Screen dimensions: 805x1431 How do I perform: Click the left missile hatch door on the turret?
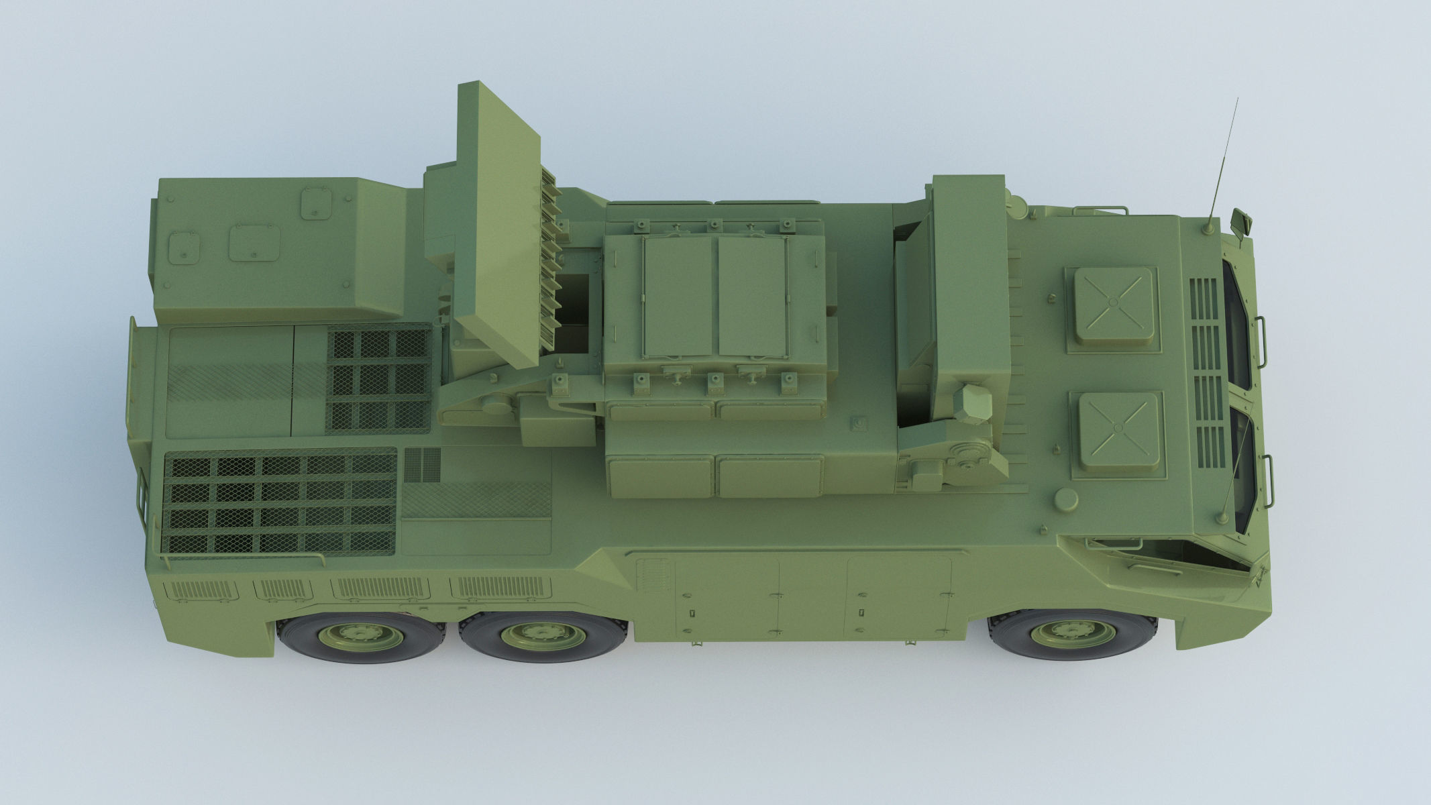coord(679,296)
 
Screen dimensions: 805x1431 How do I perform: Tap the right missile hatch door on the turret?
coord(753,296)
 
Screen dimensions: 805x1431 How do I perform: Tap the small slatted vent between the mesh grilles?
coord(423,464)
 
